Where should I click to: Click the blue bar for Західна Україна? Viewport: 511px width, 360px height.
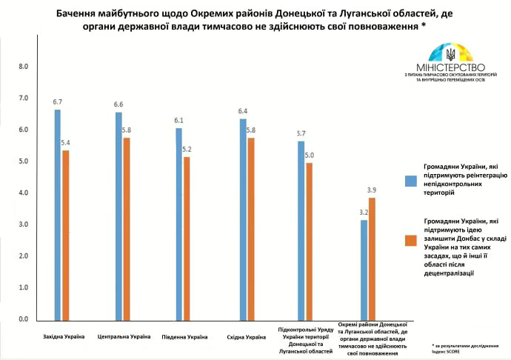(57, 215)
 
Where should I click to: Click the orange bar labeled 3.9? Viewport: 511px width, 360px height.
(373, 259)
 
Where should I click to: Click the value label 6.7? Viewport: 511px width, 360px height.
(57, 101)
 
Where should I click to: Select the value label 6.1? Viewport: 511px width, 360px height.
(178, 120)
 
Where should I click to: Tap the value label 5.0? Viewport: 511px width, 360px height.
(310, 155)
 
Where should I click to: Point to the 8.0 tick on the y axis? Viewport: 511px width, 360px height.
(23, 67)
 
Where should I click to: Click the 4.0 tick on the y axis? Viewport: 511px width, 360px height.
(23, 193)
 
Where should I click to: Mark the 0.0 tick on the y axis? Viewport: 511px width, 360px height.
(23, 319)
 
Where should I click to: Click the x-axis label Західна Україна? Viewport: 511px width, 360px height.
(63, 337)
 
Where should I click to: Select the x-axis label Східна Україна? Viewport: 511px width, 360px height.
(246, 337)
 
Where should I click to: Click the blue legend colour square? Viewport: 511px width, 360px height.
(410, 180)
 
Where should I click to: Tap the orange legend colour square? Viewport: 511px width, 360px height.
(410, 240)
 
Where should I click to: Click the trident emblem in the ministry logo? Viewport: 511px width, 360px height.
(451, 54)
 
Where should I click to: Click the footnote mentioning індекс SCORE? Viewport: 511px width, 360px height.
(467, 349)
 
